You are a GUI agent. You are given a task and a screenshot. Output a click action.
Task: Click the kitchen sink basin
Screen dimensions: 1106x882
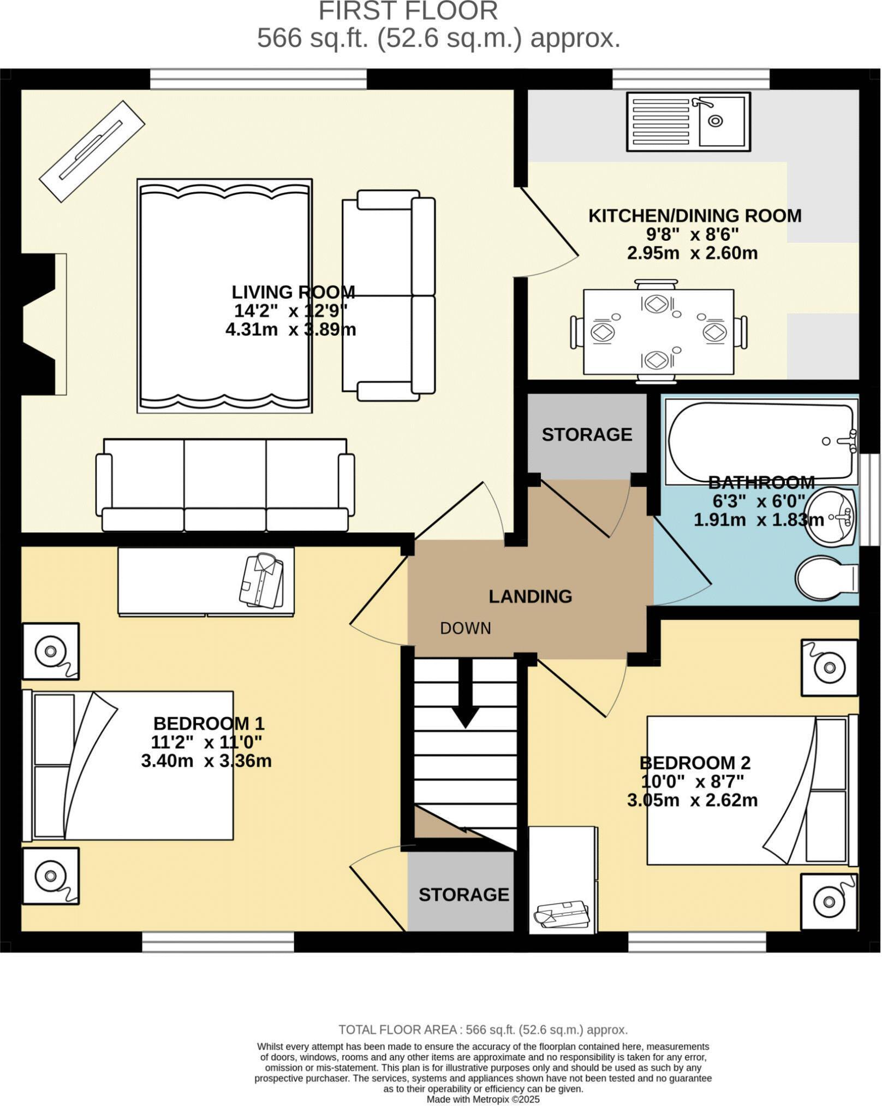(722, 121)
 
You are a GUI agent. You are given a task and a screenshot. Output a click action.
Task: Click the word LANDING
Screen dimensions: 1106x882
(530, 596)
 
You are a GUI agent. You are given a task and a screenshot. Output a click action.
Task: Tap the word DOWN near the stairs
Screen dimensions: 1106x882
(466, 629)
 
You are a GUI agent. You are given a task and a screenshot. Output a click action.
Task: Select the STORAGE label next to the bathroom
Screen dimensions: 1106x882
(587, 435)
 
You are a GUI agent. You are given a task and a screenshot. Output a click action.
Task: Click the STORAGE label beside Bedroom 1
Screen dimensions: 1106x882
(463, 895)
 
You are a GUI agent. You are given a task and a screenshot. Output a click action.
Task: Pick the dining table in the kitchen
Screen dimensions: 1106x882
(658, 332)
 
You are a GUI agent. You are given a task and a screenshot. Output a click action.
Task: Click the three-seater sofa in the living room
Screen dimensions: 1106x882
(225, 484)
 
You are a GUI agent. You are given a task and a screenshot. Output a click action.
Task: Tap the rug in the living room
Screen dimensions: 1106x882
(224, 295)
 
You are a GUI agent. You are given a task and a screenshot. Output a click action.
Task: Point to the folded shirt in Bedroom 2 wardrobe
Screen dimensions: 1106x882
(562, 915)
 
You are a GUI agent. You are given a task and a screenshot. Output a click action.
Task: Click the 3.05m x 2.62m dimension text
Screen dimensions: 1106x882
(692, 800)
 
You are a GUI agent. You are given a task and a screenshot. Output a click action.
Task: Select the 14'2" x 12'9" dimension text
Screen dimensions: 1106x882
(291, 311)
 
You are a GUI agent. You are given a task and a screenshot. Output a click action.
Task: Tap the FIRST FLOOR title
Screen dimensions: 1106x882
(408, 11)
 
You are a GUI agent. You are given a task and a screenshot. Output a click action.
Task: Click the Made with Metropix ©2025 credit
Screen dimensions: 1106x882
(482, 1099)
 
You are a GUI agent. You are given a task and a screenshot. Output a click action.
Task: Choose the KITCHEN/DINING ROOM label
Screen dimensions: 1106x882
(694, 216)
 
